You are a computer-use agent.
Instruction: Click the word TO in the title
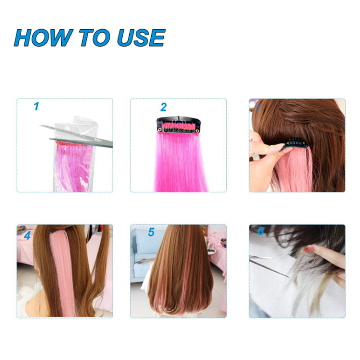[x=94, y=38]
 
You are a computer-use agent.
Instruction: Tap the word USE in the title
[x=141, y=38]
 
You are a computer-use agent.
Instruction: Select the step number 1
[x=36, y=106]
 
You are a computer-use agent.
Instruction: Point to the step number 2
[x=163, y=107]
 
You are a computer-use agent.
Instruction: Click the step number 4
[x=27, y=235]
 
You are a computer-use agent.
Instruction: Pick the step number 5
[x=151, y=232]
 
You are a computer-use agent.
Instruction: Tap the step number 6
[x=261, y=231]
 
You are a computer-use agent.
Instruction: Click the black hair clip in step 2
[x=178, y=125]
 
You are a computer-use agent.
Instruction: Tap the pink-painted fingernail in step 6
[x=308, y=249]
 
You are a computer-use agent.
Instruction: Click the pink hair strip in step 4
[x=63, y=273]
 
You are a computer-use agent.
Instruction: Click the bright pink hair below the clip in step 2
[x=181, y=162]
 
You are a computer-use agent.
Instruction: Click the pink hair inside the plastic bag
[x=73, y=166]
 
